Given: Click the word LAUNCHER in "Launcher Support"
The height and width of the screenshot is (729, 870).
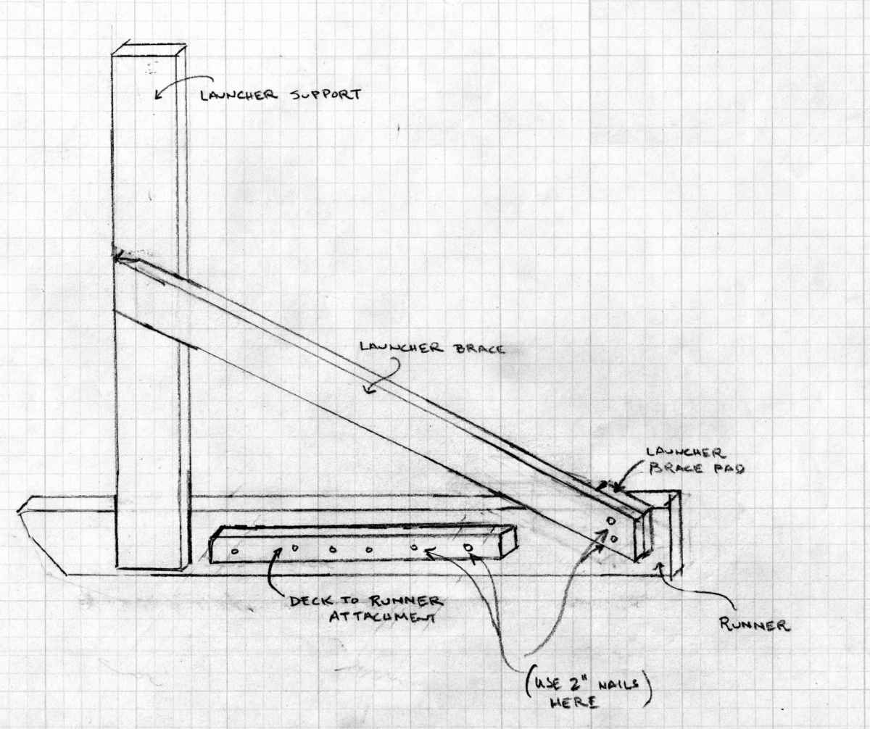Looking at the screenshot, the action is coord(239,95).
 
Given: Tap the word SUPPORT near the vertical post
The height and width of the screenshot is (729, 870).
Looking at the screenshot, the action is coord(326,94).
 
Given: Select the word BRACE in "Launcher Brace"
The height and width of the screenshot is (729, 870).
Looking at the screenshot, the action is coord(478,349).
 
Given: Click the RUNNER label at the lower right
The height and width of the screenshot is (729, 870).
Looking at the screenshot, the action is coord(755,625).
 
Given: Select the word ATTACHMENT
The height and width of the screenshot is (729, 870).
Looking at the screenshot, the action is coord(381,617).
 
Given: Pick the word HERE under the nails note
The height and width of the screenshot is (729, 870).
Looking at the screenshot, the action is coord(574,704).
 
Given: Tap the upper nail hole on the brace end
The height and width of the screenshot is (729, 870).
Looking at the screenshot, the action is coord(611,520).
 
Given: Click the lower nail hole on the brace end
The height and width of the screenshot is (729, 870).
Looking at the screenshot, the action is coord(614,539).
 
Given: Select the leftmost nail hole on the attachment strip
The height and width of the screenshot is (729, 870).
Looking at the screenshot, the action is coord(234,551).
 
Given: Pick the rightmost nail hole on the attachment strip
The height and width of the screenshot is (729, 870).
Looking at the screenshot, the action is coord(468,547).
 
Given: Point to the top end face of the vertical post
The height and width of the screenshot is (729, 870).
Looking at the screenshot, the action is coord(149,48).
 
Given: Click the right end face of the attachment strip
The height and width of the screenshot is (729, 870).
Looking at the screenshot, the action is coord(508,542).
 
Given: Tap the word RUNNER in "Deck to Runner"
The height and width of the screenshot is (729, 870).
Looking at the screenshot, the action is coord(404,601).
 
